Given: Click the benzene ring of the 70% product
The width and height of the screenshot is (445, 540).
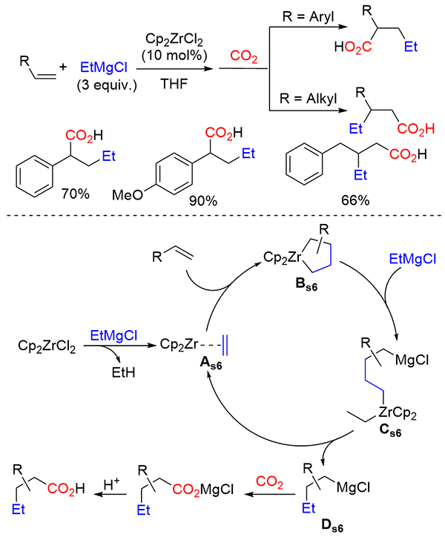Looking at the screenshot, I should tap(39, 177).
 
